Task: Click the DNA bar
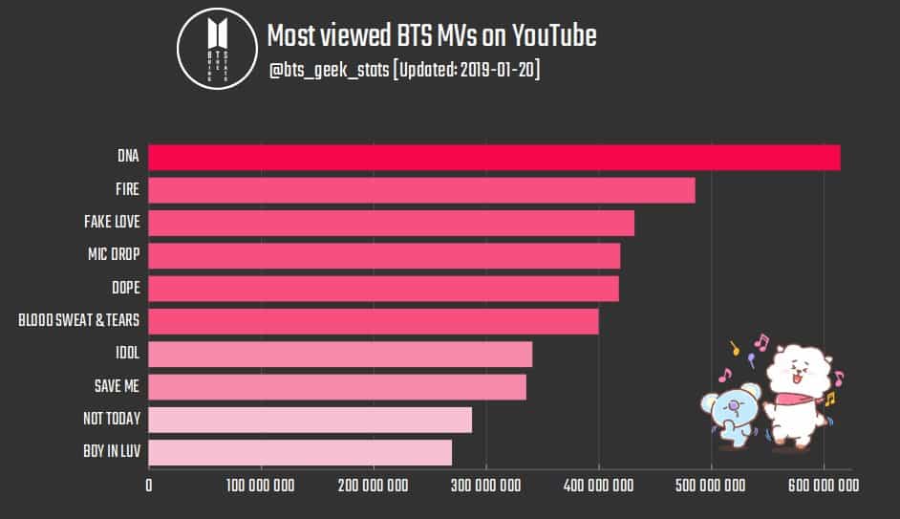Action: (494, 158)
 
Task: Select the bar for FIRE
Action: (421, 190)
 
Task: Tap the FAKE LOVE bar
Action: (391, 223)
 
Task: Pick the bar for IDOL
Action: (340, 354)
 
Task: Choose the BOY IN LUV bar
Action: (300, 452)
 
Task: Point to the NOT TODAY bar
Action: (310, 420)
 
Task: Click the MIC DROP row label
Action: (113, 255)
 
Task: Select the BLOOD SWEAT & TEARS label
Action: (78, 321)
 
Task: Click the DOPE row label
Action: (125, 288)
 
